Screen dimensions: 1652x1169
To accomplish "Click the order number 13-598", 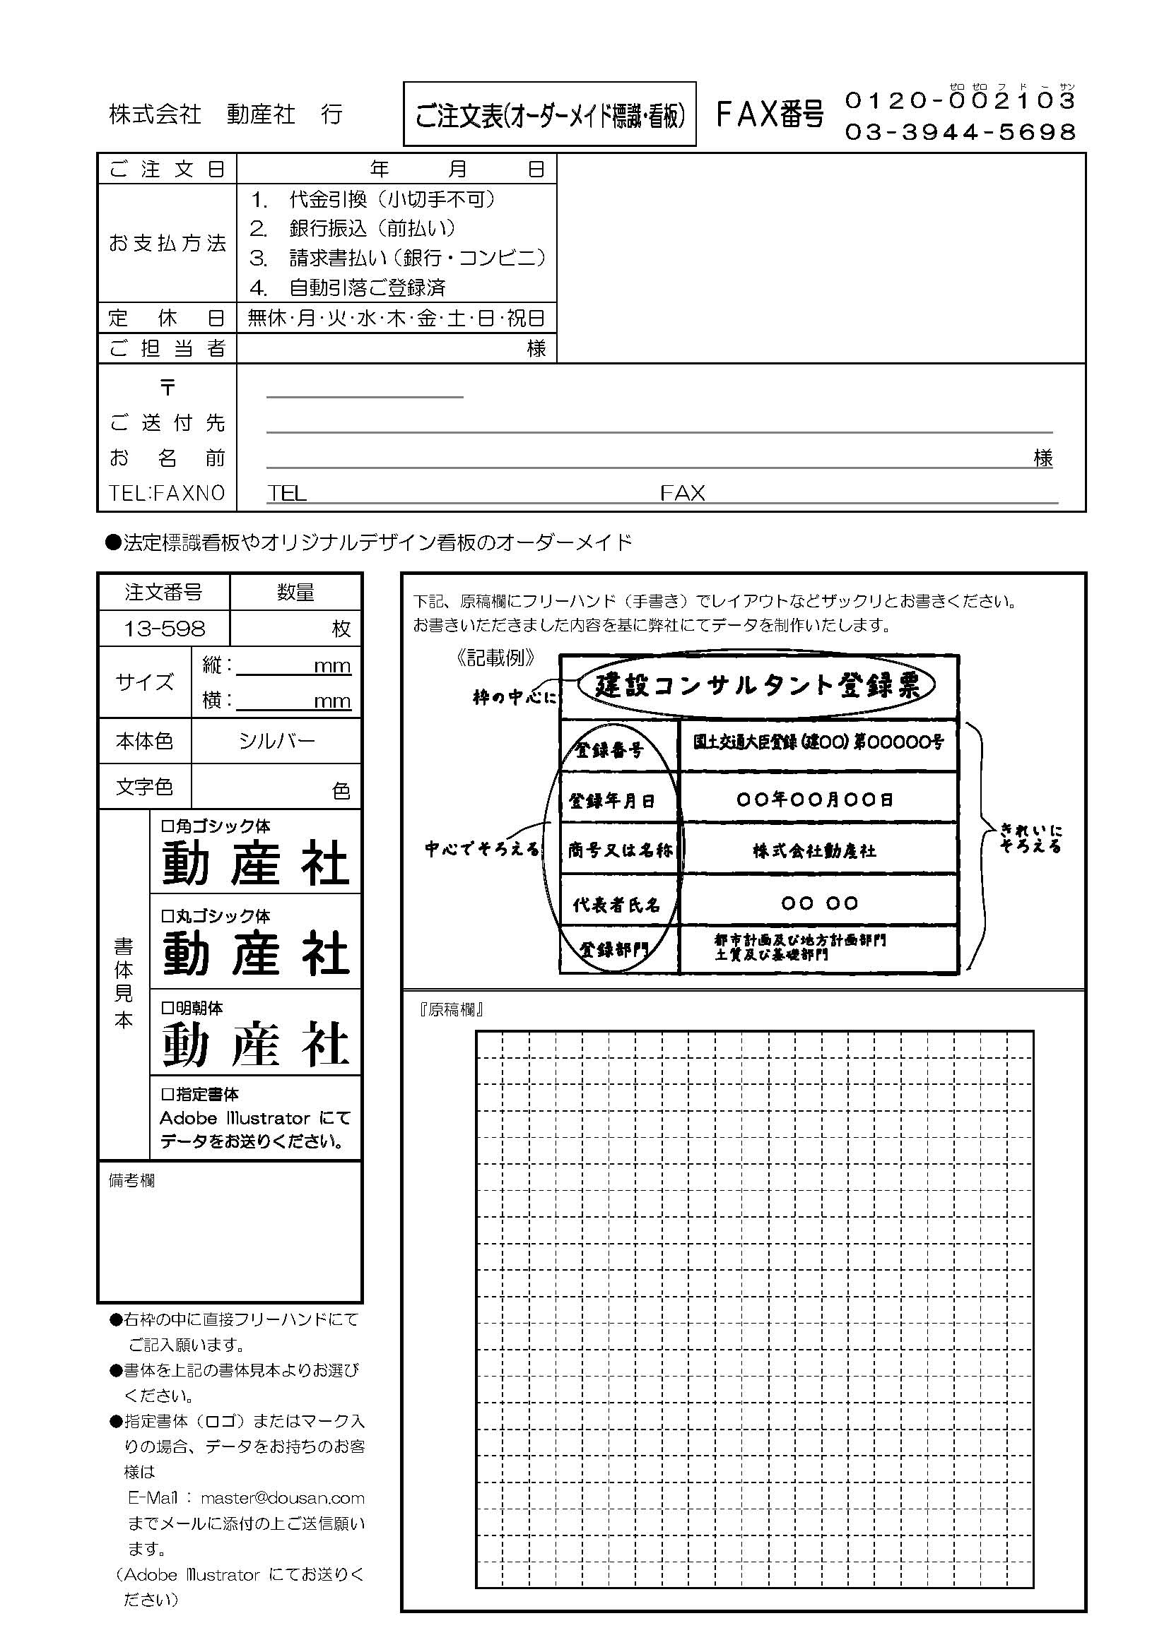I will tap(164, 629).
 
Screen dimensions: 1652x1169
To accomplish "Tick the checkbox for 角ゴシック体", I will tap(167, 826).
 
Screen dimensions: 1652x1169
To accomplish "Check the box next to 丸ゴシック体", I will tap(167, 916).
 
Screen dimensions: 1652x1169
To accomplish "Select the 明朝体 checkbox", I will tap(167, 1008).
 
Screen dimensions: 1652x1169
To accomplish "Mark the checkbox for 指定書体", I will tap(167, 1094).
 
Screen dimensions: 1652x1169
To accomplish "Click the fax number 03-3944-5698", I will tap(961, 131).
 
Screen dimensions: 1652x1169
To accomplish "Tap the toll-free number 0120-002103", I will tap(961, 101).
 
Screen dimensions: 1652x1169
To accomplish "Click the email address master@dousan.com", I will tap(282, 1498).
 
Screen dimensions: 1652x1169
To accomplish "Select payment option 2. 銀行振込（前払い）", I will tap(353, 229).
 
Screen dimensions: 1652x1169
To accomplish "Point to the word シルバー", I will tap(276, 741).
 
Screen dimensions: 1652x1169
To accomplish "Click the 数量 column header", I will tap(295, 592).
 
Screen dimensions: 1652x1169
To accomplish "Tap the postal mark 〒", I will tap(167, 388).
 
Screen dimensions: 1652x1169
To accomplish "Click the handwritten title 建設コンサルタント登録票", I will tap(757, 686).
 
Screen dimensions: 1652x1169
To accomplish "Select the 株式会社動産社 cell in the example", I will tap(815, 850).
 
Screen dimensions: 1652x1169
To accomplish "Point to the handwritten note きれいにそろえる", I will tap(1030, 839).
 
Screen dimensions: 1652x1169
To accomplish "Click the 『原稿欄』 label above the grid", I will tap(451, 1010).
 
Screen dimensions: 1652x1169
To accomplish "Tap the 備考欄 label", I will tap(131, 1181).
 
